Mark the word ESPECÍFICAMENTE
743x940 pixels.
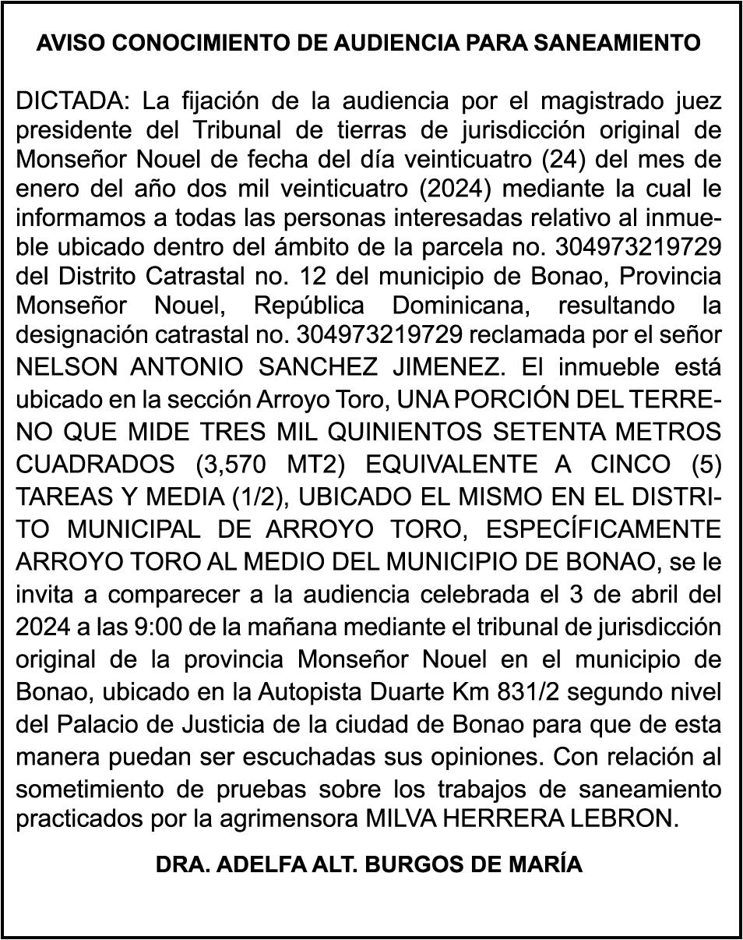(604, 530)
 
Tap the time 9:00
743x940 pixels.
(150, 627)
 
